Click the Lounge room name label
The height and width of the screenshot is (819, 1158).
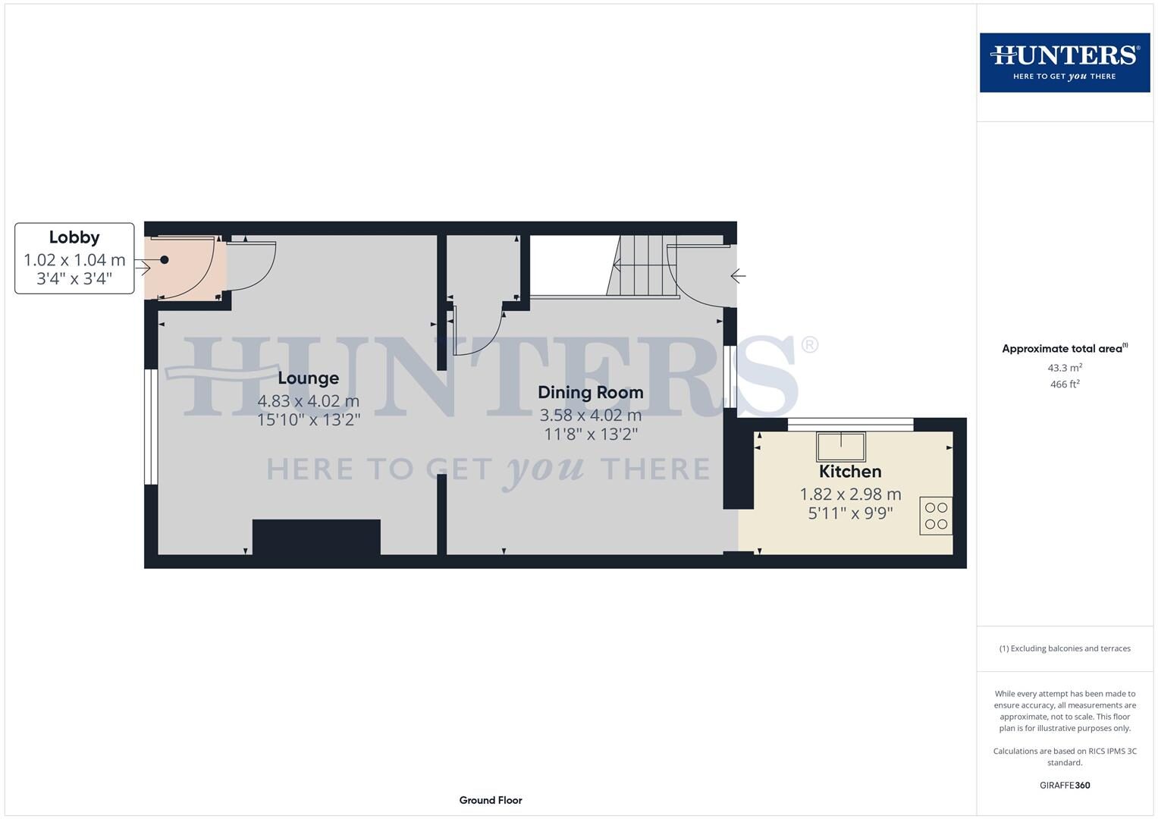click(308, 378)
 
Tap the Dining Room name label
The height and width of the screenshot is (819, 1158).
click(590, 392)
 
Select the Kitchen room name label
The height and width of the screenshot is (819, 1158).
click(850, 471)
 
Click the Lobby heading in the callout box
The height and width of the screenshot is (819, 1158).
click(74, 237)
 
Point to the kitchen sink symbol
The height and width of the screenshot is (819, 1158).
click(840, 447)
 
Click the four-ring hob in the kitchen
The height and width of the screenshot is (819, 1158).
click(936, 516)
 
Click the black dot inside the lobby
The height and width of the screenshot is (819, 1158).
click(164, 259)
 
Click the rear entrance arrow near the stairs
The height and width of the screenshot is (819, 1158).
click(738, 276)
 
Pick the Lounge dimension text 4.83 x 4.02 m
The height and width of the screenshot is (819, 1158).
click(308, 400)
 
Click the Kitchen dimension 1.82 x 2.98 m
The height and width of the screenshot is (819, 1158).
click(850, 494)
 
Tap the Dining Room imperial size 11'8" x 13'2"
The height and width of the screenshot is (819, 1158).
click(590, 435)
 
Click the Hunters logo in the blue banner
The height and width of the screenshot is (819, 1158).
click(1065, 62)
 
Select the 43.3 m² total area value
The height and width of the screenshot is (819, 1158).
click(1065, 368)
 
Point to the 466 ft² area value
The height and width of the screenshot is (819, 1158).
click(1065, 384)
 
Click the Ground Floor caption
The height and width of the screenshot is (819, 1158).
click(491, 800)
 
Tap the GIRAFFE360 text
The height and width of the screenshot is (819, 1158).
click(1065, 785)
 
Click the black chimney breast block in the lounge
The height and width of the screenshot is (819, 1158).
click(316, 538)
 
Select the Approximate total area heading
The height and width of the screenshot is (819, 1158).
click(1064, 349)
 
